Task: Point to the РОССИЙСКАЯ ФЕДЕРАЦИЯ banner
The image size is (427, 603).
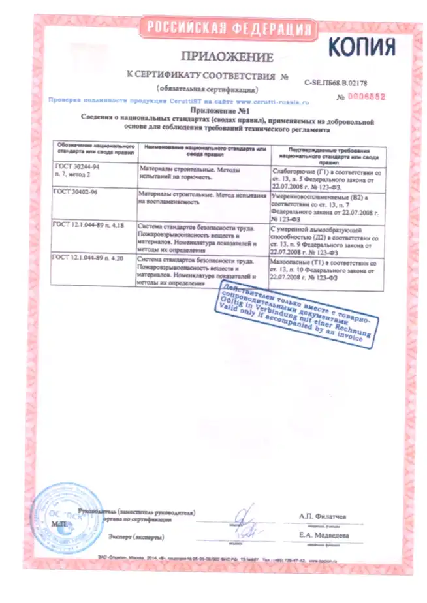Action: [228, 28]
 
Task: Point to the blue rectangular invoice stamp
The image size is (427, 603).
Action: [294, 313]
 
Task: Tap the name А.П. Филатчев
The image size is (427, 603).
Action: [323, 516]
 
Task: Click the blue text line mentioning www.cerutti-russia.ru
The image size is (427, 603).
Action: [178, 102]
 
